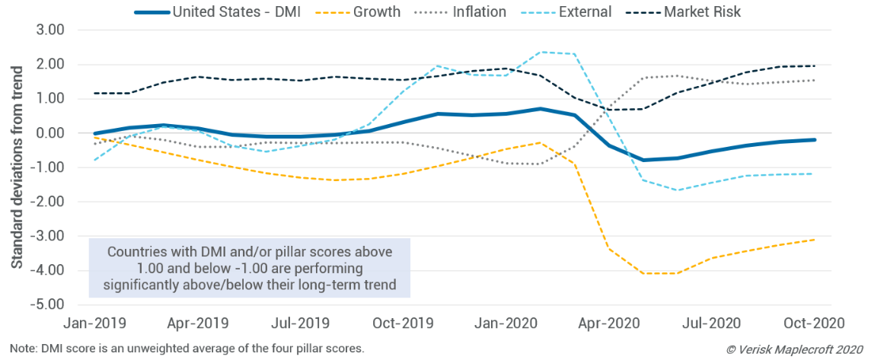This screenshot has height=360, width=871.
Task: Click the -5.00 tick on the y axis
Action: tap(47, 304)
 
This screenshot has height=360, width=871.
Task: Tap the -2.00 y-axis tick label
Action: tap(47, 202)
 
